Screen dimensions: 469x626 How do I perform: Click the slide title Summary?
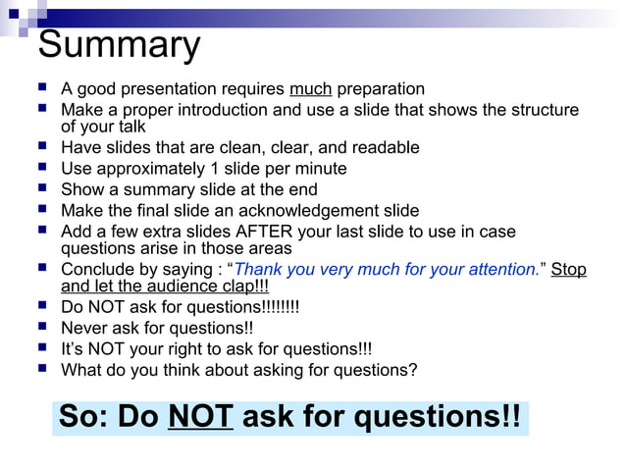[x=119, y=45]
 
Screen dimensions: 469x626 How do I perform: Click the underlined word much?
[x=311, y=89]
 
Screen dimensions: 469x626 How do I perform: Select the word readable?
[x=384, y=148]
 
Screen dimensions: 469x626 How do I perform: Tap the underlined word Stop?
[x=568, y=269]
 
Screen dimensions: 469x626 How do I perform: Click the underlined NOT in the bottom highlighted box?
[x=200, y=417]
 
